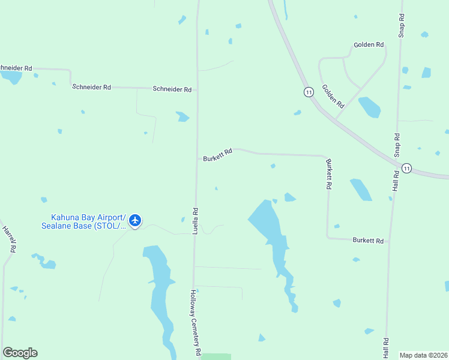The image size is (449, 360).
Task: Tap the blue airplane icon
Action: coord(135,221)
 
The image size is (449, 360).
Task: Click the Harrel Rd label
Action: coord(8,238)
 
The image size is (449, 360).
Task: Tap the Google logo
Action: coord(20,353)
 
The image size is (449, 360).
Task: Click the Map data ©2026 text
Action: coord(423,355)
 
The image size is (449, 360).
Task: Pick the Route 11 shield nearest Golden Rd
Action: coord(309,92)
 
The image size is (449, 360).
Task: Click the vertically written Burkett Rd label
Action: coord(329,174)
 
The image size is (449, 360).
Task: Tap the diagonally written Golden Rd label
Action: coord(333,96)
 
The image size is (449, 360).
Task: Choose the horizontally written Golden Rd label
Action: coord(369,45)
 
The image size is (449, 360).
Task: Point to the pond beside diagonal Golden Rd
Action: coord(369,107)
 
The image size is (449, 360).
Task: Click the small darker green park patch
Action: coord(216,356)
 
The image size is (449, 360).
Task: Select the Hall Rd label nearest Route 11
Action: coord(396,181)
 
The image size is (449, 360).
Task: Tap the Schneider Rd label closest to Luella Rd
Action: coord(172,89)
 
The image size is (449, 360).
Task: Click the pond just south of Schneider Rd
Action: coord(182,116)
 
